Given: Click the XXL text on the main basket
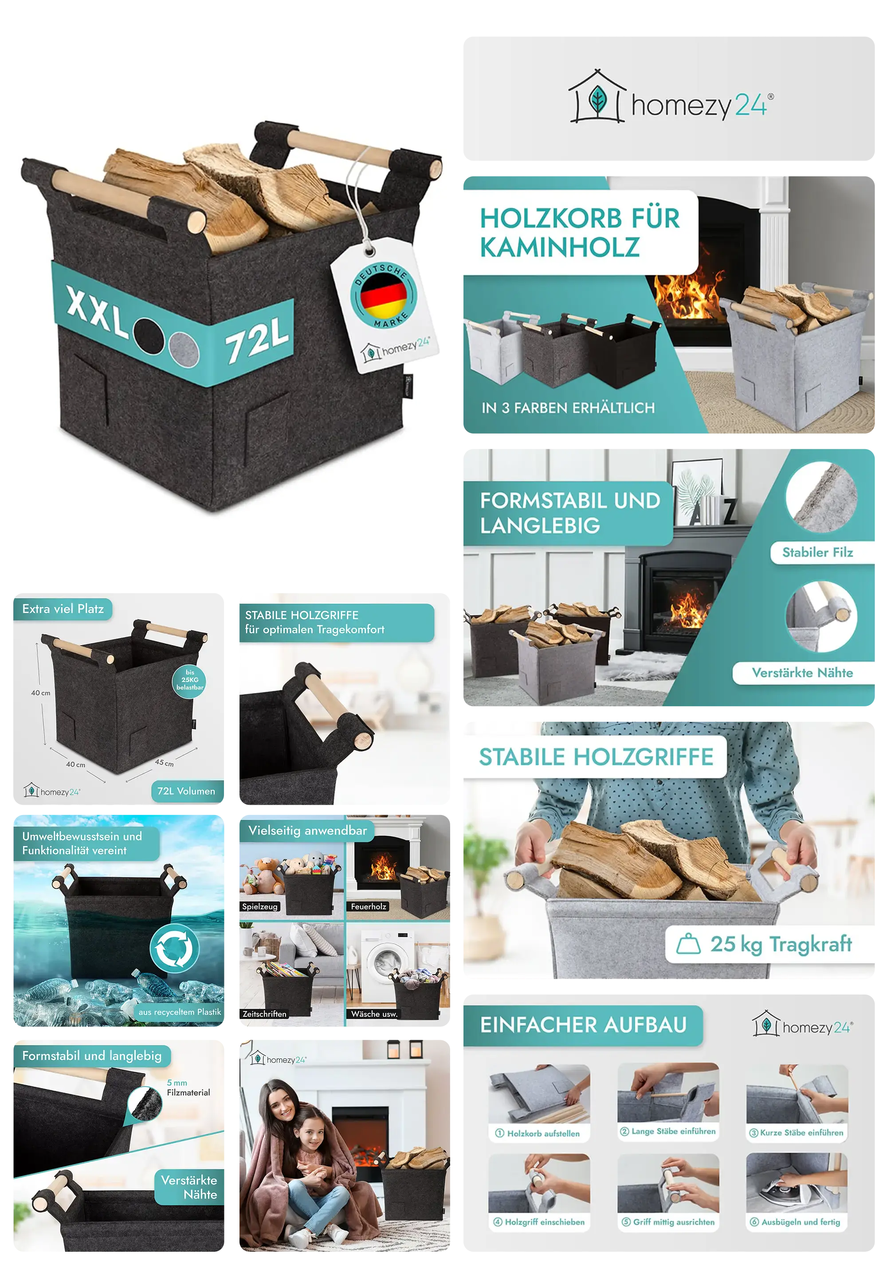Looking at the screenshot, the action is click(97, 311).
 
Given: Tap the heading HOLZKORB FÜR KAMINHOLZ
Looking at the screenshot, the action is click(579, 233).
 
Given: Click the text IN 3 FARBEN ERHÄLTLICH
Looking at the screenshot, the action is click(568, 408).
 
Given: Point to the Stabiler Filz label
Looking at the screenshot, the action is click(817, 552).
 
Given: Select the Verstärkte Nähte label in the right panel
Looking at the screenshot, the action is click(802, 673).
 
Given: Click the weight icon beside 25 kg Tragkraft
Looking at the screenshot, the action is click(688, 943).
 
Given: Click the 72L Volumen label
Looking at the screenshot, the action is click(186, 791).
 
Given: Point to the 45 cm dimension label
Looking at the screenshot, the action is click(165, 763).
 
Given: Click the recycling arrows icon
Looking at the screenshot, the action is click(174, 948).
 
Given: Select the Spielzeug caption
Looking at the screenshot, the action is click(259, 907).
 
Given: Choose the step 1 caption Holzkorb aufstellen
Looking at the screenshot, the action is click(538, 1134).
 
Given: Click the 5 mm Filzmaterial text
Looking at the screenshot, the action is click(188, 1088).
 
